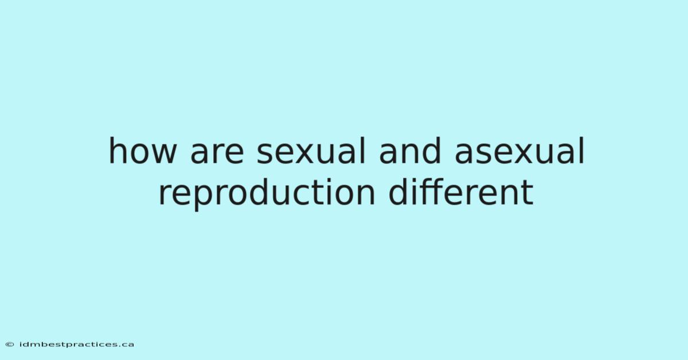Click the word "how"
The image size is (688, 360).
143,151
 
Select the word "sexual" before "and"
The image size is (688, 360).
311,151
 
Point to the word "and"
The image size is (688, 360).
410,151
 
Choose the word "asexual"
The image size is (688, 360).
519,151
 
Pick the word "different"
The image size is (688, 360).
461,191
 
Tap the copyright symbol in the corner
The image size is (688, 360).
10,345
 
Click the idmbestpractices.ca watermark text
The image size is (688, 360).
77,345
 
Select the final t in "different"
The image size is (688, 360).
527,194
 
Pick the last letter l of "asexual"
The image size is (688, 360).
582,151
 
